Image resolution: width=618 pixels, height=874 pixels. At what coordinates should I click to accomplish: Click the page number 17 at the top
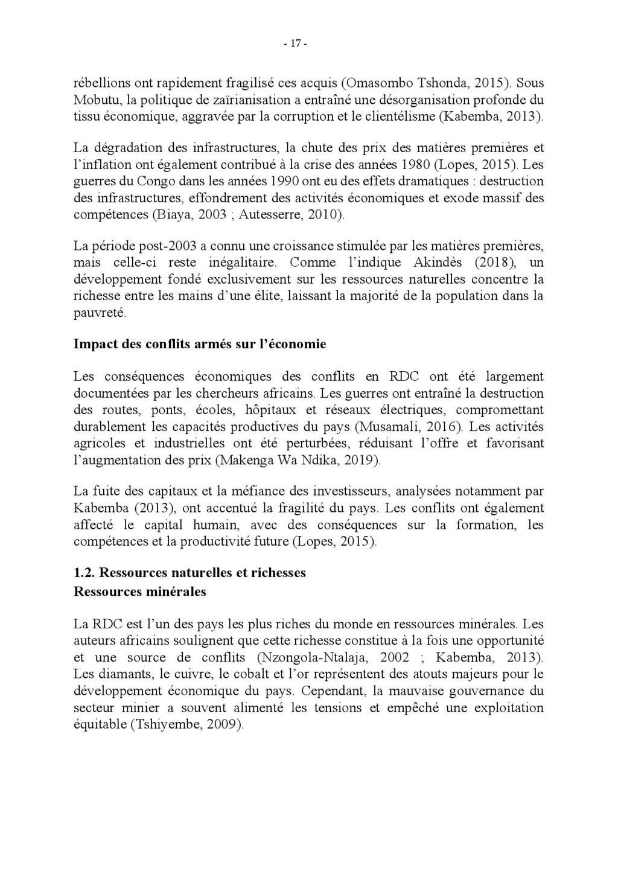295,44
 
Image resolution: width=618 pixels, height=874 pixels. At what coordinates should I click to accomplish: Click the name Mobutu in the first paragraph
93,99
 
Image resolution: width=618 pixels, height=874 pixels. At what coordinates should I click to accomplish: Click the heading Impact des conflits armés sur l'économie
200,344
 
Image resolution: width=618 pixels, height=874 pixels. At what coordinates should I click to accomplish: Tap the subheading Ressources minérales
139,592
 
